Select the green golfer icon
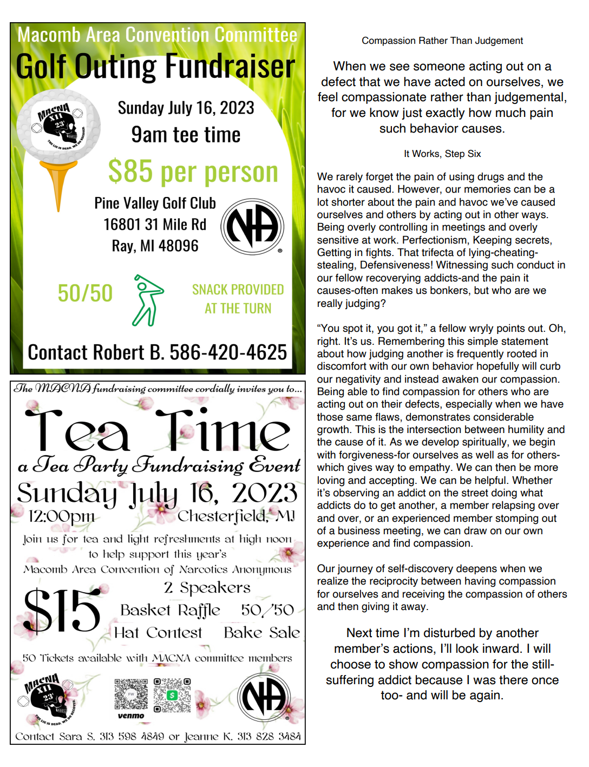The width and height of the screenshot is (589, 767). click(x=147, y=300)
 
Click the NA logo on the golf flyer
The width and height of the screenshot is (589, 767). click(x=252, y=226)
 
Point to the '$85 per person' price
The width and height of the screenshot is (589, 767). click(x=193, y=172)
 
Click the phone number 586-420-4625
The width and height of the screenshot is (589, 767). click(x=228, y=352)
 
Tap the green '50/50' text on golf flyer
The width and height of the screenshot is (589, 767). click(x=85, y=293)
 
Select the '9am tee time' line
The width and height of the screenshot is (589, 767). click(x=186, y=135)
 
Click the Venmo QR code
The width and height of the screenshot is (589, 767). click(x=131, y=694)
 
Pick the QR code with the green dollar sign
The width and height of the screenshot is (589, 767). click(x=172, y=695)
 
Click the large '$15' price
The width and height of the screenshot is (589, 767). click(x=62, y=611)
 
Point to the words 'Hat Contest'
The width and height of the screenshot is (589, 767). click(x=158, y=633)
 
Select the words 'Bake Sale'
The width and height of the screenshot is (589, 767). click(x=261, y=633)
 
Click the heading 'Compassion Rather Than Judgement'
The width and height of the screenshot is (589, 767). click(x=442, y=41)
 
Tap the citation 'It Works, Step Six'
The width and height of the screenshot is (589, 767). click(x=442, y=154)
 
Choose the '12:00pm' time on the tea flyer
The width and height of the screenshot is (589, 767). click(x=61, y=516)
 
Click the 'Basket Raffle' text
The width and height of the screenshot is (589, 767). click(x=170, y=611)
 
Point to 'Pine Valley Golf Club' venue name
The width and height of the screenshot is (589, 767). click(x=155, y=203)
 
